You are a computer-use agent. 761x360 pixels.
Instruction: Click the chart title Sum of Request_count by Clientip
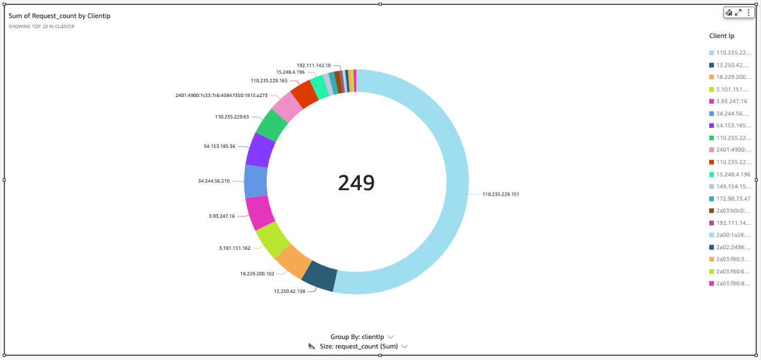(x=60, y=16)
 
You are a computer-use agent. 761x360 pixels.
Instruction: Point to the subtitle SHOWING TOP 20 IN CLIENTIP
(x=41, y=26)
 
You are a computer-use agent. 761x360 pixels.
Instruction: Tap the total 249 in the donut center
(x=356, y=182)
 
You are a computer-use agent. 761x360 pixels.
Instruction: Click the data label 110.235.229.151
(x=500, y=194)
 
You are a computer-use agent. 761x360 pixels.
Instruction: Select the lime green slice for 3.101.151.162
(x=273, y=240)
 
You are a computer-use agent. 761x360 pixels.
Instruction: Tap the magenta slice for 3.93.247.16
(x=258, y=213)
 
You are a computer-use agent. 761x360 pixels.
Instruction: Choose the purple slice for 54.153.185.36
(x=260, y=150)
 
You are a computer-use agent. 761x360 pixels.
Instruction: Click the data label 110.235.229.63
(x=231, y=117)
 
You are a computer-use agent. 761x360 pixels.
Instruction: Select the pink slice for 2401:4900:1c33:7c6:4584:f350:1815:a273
(x=287, y=106)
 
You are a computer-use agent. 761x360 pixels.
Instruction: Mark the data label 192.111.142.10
(x=314, y=65)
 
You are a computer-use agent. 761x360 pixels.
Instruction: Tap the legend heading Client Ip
(x=721, y=36)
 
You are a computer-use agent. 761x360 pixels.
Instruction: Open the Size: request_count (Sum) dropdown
(x=364, y=347)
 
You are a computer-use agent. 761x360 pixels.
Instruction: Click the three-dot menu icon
(x=748, y=13)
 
